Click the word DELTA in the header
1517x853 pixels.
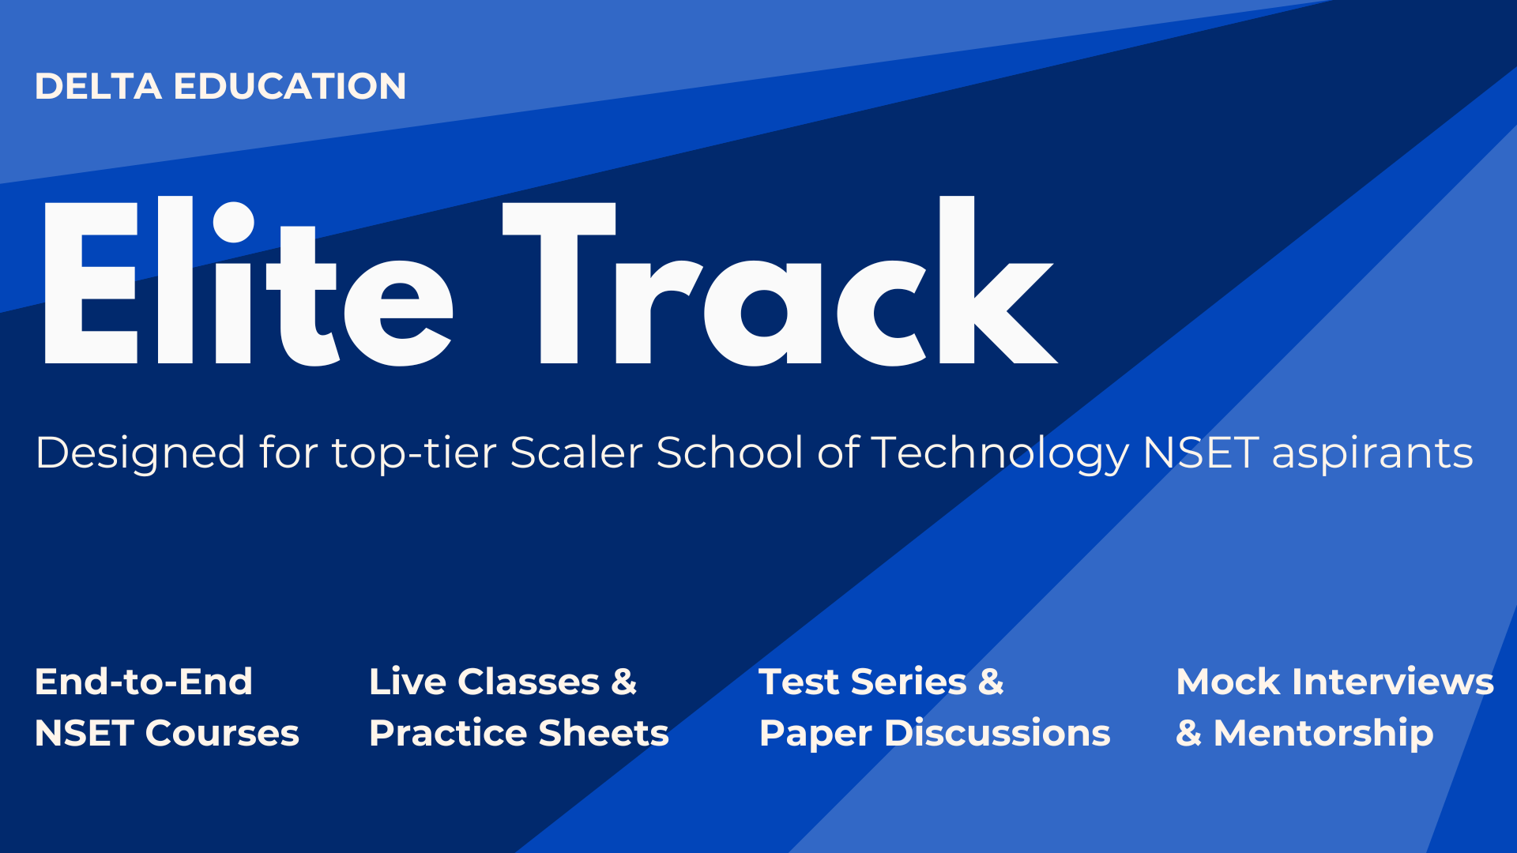(98, 86)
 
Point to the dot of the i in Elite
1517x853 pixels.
(233, 221)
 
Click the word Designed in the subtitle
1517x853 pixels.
(140, 453)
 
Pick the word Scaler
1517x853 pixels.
(576, 453)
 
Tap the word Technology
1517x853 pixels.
(1000, 454)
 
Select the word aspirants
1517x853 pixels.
(1372, 454)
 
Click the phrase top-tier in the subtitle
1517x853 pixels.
(415, 454)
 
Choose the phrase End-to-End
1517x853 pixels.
(143, 682)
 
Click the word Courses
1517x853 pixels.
(222, 733)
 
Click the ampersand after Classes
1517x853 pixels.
(623, 682)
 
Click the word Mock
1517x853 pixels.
(1228, 682)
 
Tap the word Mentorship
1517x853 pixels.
(1323, 734)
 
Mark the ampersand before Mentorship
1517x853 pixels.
(1188, 734)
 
